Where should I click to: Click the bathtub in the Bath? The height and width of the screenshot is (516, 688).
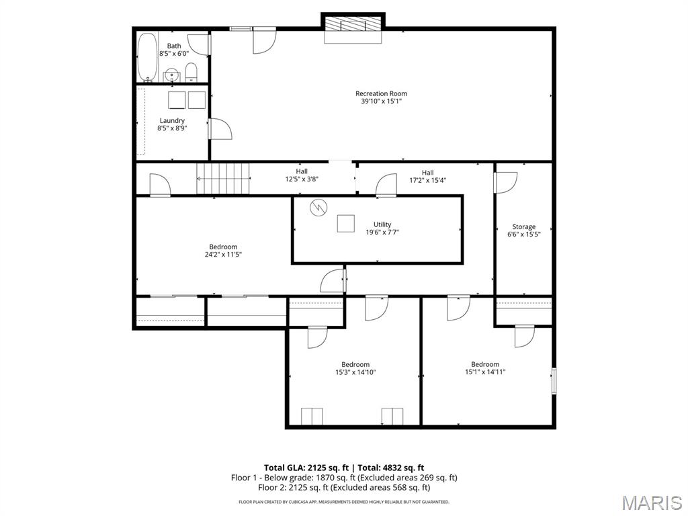[147, 57]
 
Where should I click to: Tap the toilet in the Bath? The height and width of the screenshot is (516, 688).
[191, 72]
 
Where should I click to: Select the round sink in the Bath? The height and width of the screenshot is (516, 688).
[172, 75]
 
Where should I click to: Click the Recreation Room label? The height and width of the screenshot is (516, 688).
[381, 93]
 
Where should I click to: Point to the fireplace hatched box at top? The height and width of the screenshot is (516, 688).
[353, 24]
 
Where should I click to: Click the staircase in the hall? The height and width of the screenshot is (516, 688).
[223, 178]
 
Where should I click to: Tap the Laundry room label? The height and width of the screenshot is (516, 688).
[172, 121]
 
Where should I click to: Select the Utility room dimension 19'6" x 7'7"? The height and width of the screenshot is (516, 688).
[382, 232]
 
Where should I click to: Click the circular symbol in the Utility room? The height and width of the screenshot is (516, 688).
[318, 207]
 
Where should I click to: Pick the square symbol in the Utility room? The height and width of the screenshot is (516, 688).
[346, 223]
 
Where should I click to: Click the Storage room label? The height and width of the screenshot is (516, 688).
[524, 227]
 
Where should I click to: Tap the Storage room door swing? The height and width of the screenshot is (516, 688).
[506, 182]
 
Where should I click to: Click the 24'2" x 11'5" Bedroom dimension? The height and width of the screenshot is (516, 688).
[223, 255]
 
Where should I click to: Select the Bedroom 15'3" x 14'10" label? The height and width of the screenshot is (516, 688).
[355, 369]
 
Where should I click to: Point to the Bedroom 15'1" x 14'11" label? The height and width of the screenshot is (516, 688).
[485, 368]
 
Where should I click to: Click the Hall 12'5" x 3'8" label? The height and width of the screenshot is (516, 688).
[302, 175]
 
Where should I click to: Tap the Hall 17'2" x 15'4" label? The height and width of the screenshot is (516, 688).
[428, 177]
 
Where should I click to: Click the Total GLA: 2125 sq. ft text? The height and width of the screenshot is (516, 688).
[306, 468]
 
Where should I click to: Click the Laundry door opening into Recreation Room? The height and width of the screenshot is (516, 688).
[220, 129]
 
